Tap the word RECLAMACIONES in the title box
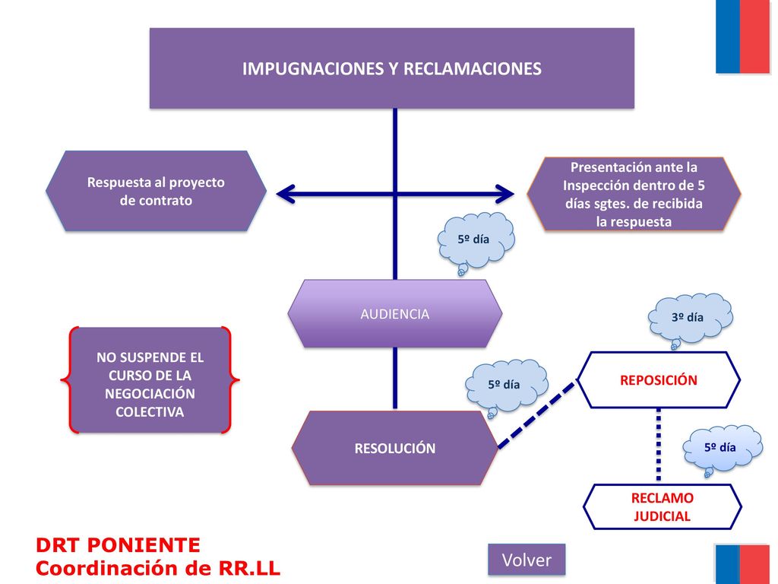(473, 68)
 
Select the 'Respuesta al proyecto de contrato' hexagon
(156, 191)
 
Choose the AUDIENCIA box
(395, 314)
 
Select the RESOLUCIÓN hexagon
(395, 448)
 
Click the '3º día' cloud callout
(690, 319)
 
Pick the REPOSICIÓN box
(659, 380)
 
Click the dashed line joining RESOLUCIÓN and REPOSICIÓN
(537, 414)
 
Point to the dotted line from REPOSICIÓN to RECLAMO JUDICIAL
(659, 445)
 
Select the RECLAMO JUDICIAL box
(662, 507)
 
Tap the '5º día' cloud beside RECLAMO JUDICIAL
(722, 449)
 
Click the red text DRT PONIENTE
(118, 545)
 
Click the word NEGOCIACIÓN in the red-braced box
(150, 394)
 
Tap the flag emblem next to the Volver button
(742, 564)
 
